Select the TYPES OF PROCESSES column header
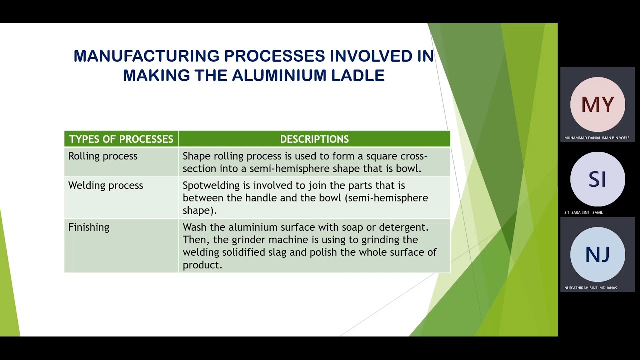(121, 139)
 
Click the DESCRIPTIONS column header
(314, 139)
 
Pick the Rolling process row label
(103, 156)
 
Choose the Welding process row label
(106, 186)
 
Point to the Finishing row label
(89, 227)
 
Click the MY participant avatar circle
(597, 104)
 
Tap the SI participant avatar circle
(597, 179)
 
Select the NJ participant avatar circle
(597, 254)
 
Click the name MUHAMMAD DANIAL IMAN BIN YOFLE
(597, 138)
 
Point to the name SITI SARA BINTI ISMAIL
(584, 213)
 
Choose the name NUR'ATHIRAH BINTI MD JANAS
(590, 288)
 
